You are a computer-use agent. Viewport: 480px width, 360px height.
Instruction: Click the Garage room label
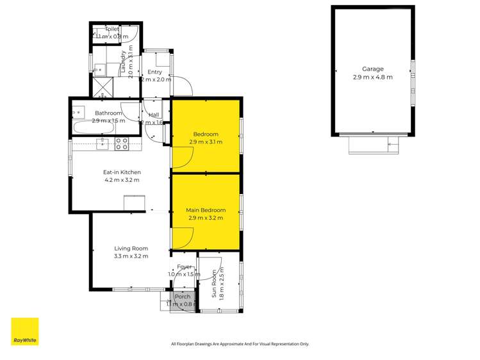(x=372, y=69)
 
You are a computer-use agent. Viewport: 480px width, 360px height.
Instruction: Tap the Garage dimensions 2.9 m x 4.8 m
(x=372, y=77)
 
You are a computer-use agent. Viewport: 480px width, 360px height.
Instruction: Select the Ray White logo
(x=24, y=332)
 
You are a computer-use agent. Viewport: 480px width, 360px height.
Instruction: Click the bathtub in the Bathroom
(x=94, y=128)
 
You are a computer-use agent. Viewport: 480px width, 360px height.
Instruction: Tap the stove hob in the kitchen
(x=122, y=144)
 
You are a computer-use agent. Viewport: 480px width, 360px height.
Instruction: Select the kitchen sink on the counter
(x=103, y=144)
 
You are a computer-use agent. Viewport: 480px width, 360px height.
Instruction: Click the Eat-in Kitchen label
(x=122, y=172)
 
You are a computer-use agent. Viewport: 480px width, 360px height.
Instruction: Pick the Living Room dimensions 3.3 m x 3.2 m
(x=131, y=256)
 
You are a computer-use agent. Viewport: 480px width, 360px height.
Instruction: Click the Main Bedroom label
(x=206, y=210)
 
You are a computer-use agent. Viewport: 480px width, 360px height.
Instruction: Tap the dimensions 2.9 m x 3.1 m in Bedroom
(x=206, y=142)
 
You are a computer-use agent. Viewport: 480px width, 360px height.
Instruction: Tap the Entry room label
(x=154, y=72)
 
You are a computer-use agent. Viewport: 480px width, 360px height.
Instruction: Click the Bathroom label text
(x=108, y=113)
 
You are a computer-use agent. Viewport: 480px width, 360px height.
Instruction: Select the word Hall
(x=154, y=115)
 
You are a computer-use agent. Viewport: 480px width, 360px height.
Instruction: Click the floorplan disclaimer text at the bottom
(x=240, y=344)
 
